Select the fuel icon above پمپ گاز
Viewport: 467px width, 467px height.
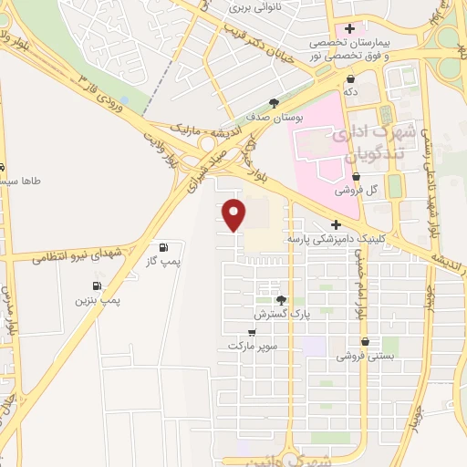click(x=163, y=247)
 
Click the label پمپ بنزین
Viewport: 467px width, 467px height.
click(x=99, y=298)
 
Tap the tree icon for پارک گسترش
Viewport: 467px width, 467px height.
click(x=280, y=300)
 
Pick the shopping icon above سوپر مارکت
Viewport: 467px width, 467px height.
click(x=252, y=333)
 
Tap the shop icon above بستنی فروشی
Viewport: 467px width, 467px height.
click(x=365, y=342)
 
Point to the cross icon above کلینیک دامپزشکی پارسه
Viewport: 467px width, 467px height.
click(x=336, y=224)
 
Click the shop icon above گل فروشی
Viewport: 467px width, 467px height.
click(x=355, y=177)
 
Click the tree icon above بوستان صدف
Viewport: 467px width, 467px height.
click(x=274, y=103)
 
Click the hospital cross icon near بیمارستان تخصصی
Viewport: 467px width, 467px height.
click(x=349, y=28)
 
